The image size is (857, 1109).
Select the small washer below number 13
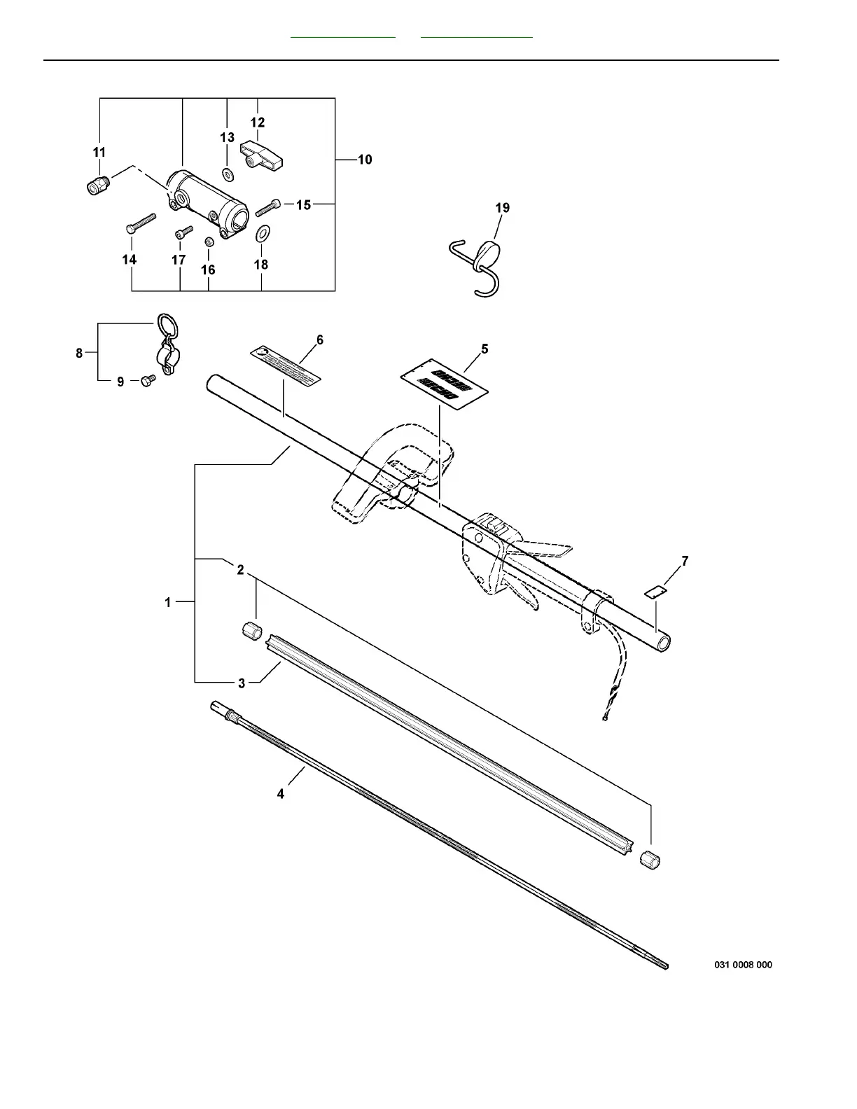228,173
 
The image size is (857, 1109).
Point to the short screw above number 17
183,232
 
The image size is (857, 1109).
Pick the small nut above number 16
208,242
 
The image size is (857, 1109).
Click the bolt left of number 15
268,207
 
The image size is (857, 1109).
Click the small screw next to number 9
147,381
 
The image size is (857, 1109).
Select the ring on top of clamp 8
165,325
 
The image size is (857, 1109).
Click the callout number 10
365,160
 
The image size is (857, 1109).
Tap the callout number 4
281,794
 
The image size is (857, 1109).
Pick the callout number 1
168,602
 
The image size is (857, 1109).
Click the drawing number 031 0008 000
743,965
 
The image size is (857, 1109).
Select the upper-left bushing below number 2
251,629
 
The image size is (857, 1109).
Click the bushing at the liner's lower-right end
650,859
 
